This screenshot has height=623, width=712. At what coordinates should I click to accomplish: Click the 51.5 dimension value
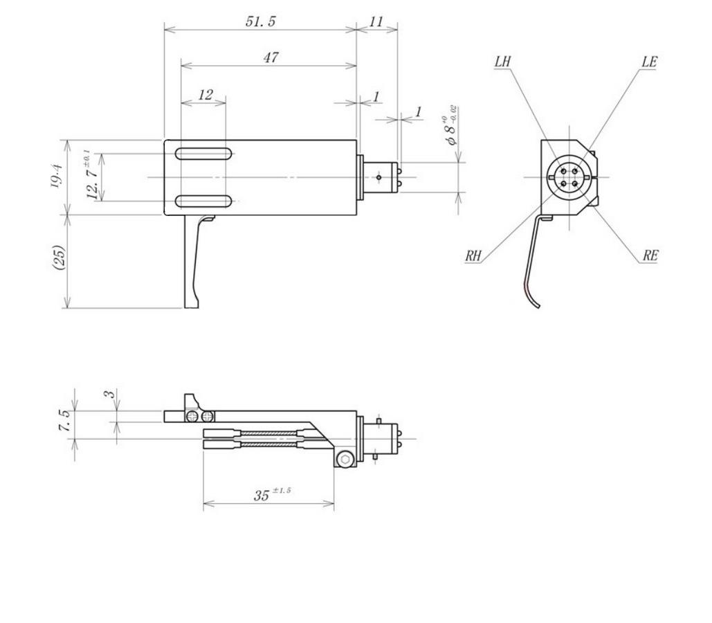tap(260, 21)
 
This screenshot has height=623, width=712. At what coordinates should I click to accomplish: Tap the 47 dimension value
tap(271, 57)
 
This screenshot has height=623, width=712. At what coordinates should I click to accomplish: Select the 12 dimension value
tap(206, 95)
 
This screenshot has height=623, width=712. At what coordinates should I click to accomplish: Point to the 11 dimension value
tap(376, 21)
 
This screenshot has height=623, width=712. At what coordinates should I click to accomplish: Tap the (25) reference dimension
tap(60, 258)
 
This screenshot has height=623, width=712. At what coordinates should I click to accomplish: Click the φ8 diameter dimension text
tap(450, 125)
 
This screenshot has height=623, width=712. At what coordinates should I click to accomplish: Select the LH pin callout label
tap(502, 62)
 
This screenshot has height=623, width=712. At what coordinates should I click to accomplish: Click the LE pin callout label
tap(649, 62)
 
